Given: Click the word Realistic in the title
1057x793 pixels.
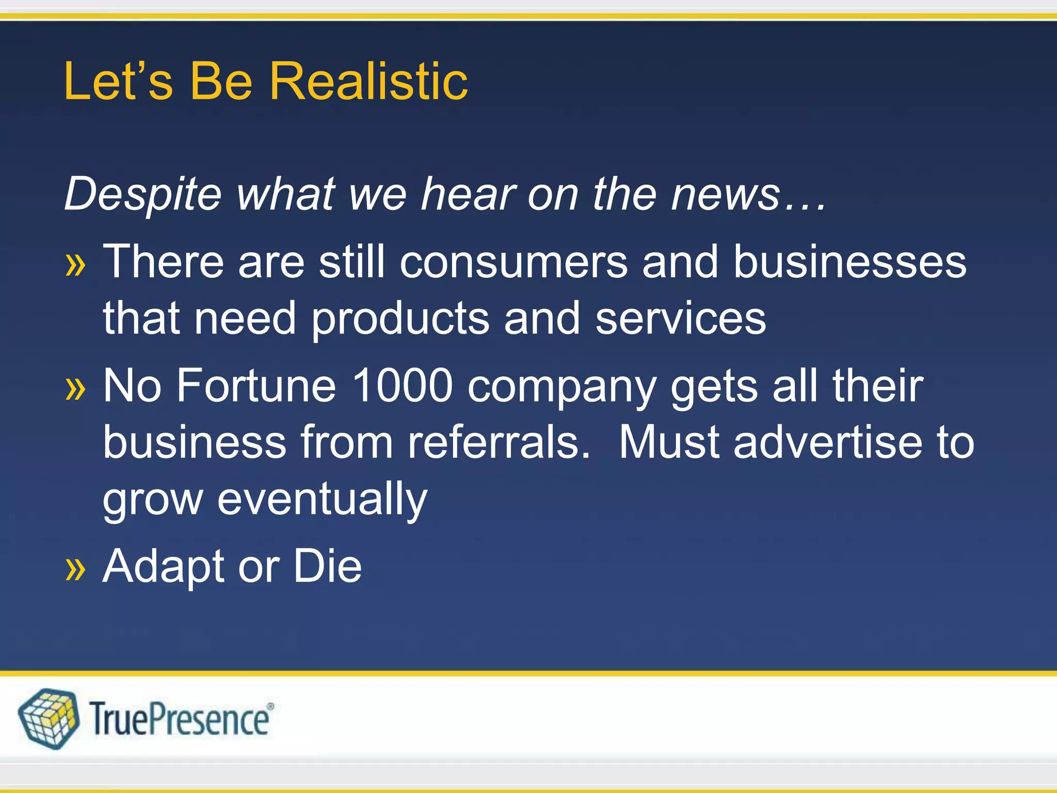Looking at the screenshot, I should pyautogui.click(x=369, y=82).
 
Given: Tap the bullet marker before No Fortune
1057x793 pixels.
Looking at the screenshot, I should pyautogui.click(x=75, y=388).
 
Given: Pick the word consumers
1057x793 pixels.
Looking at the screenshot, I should pyautogui.click(x=514, y=262).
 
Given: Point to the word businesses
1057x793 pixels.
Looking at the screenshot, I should pyautogui.click(x=850, y=262).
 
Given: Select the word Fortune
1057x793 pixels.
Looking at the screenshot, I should pyautogui.click(x=256, y=386).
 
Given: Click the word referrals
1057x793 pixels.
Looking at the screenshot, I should pyautogui.click(x=499, y=442).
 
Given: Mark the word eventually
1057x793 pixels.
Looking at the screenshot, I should pyautogui.click(x=322, y=500).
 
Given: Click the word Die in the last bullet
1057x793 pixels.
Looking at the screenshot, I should pyautogui.click(x=328, y=566).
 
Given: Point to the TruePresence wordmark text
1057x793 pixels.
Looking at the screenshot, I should pyautogui.click(x=181, y=719).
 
